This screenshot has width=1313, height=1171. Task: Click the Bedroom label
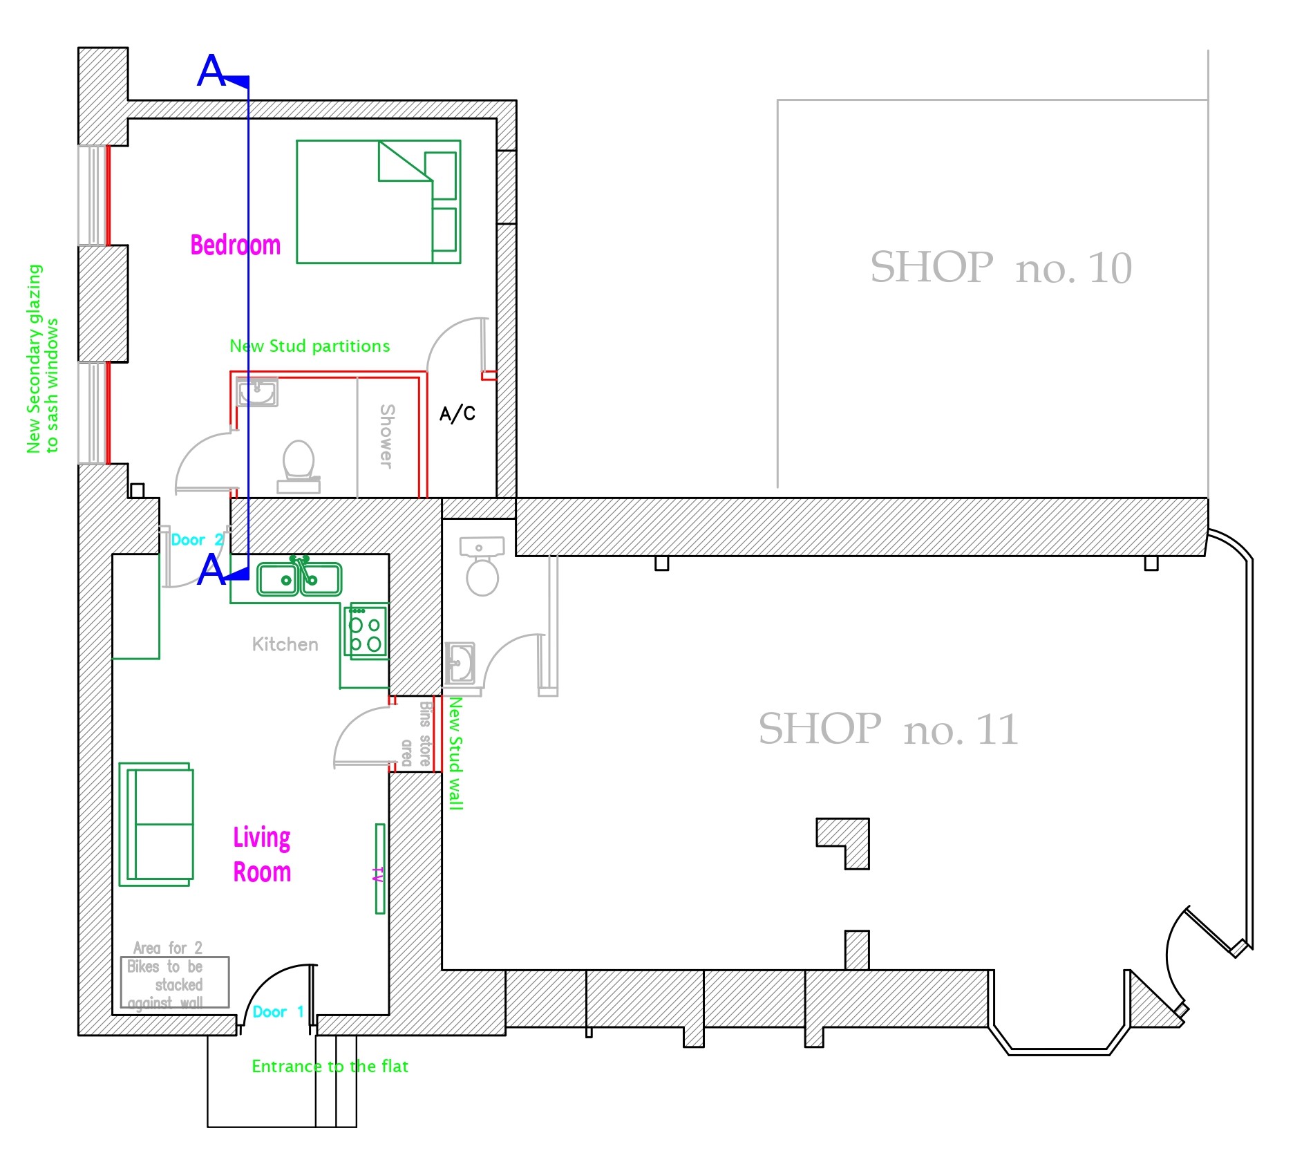tap(236, 245)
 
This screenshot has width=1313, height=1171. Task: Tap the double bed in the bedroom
tap(379, 202)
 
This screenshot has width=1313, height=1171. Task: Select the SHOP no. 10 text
tap(1001, 268)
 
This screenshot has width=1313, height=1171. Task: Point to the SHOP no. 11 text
tap(889, 729)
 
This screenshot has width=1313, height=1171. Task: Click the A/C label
tap(457, 413)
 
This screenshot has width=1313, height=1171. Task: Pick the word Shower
tap(387, 436)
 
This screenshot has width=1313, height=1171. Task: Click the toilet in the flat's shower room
tap(299, 467)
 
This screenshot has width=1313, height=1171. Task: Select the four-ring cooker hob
tap(366, 632)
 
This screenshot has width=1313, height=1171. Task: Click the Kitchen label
tap(285, 645)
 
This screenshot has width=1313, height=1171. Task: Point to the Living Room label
tap(262, 854)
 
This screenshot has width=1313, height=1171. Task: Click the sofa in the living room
tap(156, 825)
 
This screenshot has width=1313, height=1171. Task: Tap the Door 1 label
tap(278, 1012)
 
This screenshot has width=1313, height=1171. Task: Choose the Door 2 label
tap(197, 540)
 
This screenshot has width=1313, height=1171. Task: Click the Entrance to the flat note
tap(330, 1067)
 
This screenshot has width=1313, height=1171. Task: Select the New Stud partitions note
tap(310, 346)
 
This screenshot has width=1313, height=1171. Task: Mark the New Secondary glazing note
tap(42, 359)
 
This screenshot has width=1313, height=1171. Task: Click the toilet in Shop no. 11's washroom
tap(482, 566)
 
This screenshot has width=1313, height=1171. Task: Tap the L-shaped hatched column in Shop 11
tap(843, 843)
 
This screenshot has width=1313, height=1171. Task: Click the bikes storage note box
tap(175, 982)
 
